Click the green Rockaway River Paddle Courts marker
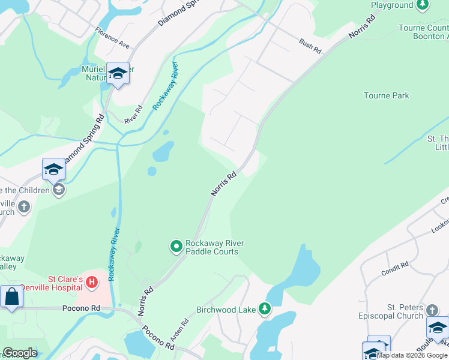coord(176,247)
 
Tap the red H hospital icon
coord(91,281)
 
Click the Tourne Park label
coord(386,95)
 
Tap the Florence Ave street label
coord(112,36)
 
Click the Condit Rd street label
coord(394,268)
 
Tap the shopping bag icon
coord(11,296)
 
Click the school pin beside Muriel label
coord(118,73)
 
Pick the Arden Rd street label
coord(179,329)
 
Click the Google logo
coord(19,353)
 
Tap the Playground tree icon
coord(423,5)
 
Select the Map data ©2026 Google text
coord(412,355)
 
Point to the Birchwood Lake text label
coord(226,310)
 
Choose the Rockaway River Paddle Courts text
coord(211,247)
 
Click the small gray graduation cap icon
coord(59,190)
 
